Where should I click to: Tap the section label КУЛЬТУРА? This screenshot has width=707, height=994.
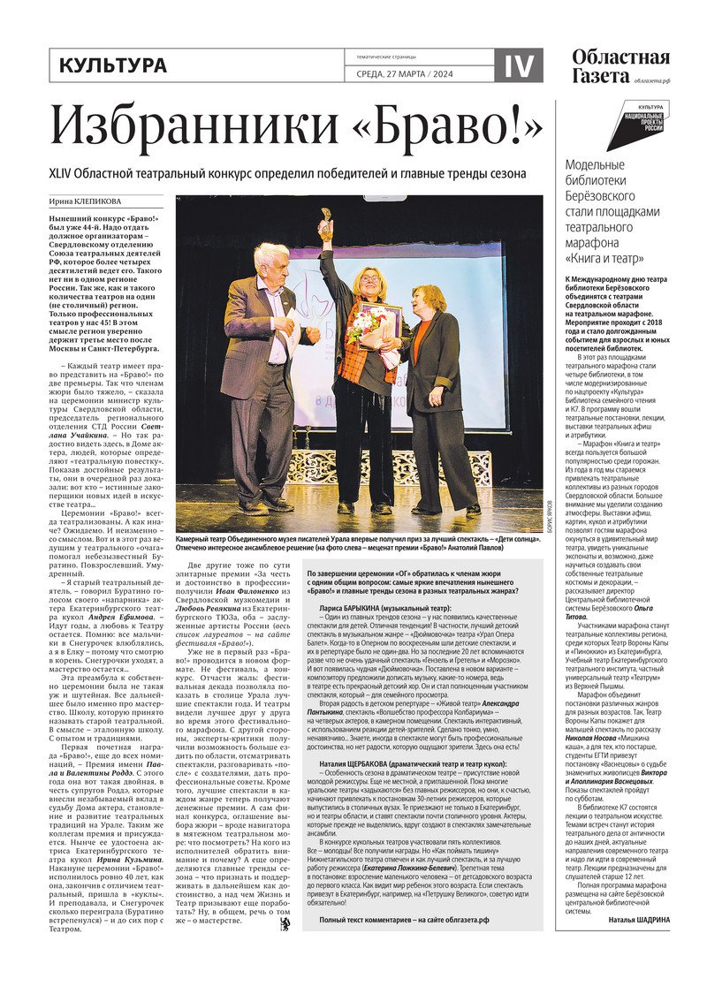[x=112, y=65]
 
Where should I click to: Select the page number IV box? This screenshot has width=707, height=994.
[x=518, y=65]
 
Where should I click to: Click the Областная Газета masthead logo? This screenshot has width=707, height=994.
[x=620, y=66]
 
